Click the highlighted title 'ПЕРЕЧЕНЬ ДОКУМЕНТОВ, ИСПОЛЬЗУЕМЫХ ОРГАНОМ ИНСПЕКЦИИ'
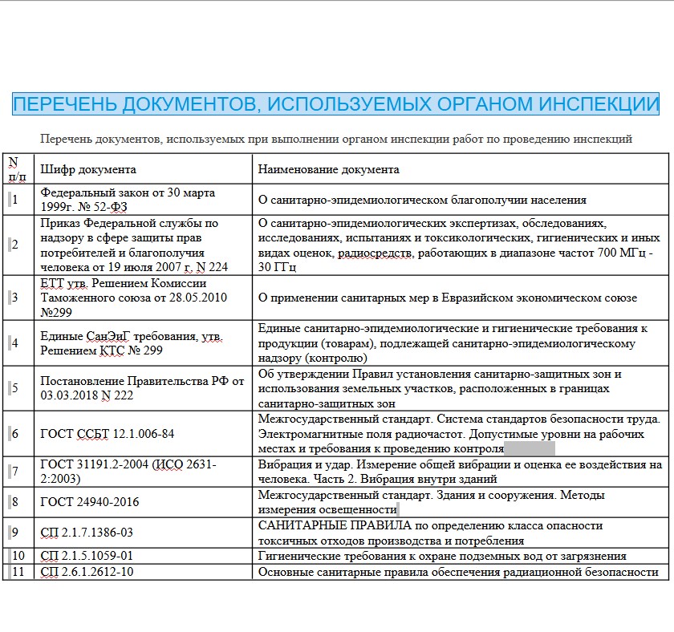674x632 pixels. pos(336,104)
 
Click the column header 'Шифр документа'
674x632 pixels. pos(88,169)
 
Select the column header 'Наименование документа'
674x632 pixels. pos(328,169)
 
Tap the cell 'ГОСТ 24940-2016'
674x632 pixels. pos(90,502)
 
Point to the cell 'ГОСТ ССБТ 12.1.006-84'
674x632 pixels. pos(107,434)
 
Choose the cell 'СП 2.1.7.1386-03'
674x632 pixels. pos(87,532)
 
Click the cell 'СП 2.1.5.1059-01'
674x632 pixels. pos(87,556)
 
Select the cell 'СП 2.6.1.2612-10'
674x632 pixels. pos(87,572)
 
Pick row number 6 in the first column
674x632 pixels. pos(14,434)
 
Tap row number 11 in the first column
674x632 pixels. pos(18,572)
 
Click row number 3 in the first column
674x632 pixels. pos(14,298)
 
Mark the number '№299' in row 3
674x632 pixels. pos(57,312)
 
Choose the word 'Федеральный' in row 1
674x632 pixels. pos(77,192)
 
